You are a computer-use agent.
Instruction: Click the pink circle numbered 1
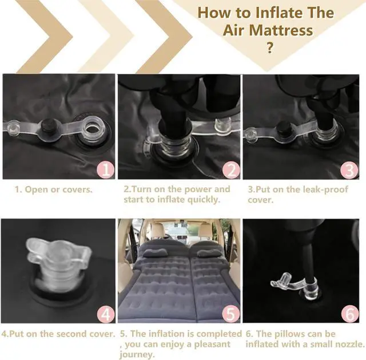[106, 170]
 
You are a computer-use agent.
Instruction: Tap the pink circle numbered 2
[231, 170]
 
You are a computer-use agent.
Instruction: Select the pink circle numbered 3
[349, 170]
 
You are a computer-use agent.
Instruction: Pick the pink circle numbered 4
[106, 314]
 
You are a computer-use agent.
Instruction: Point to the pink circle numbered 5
[231, 314]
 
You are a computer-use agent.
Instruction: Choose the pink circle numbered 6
[350, 314]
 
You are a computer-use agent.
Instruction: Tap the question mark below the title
[269, 48]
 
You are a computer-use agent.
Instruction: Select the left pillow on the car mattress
[155, 252]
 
